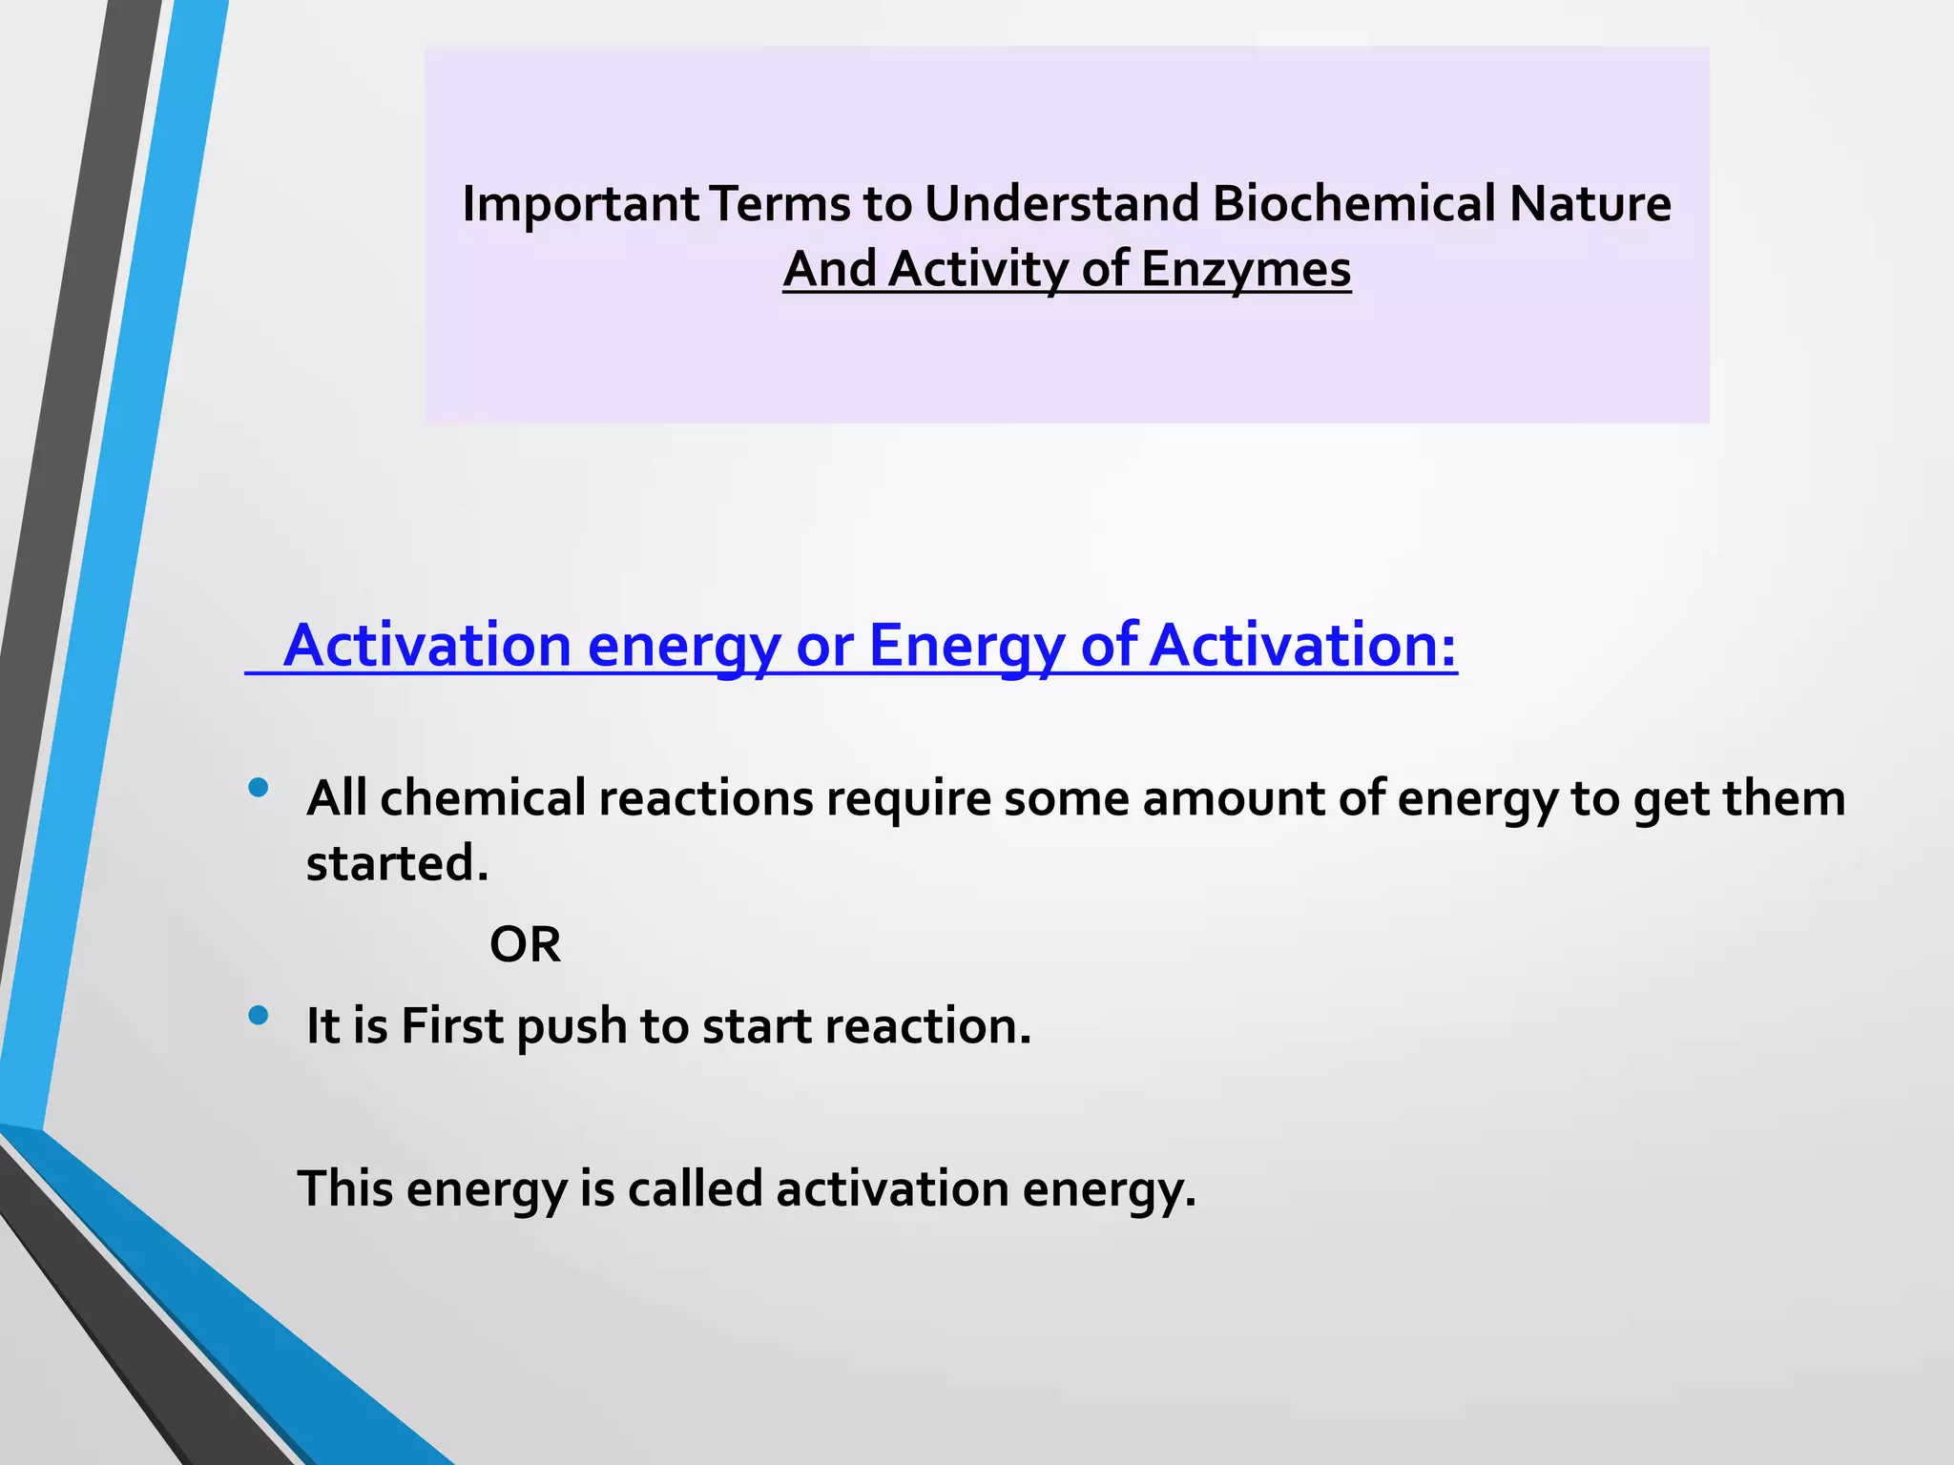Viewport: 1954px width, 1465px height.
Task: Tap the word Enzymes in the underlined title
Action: pyautogui.click(x=1245, y=269)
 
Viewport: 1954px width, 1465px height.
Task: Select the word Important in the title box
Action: pyautogui.click(x=580, y=204)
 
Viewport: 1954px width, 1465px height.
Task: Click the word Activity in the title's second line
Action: pyautogui.click(x=978, y=269)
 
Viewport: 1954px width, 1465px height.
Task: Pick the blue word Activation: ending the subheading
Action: pyautogui.click(x=1302, y=646)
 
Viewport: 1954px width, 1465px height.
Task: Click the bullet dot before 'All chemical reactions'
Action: pyautogui.click(x=258, y=788)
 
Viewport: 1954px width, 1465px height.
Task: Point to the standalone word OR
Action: pyautogui.click(x=525, y=945)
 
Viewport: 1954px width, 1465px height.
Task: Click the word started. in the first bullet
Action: pyautogui.click(x=397, y=863)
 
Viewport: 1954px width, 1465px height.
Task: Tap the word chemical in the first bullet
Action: pyautogui.click(x=483, y=798)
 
